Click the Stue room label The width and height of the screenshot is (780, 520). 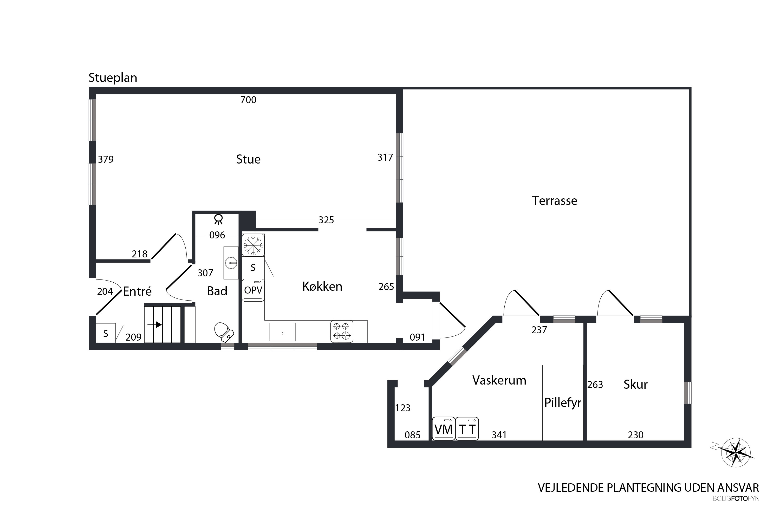(x=248, y=160)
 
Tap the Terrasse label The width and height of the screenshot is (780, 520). (x=555, y=201)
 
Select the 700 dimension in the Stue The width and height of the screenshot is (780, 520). (x=248, y=100)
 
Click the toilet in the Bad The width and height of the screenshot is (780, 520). (x=224, y=332)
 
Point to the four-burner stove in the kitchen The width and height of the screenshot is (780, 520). (x=342, y=331)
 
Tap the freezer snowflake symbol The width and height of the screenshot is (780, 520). (x=253, y=245)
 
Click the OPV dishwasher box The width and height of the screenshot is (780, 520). (x=253, y=290)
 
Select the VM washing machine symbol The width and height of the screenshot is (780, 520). (x=444, y=429)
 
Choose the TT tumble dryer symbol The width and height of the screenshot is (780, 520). (x=467, y=429)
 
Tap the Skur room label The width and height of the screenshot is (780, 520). (x=635, y=384)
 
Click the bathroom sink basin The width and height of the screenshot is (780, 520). (x=231, y=263)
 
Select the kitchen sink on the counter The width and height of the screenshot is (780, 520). (x=282, y=332)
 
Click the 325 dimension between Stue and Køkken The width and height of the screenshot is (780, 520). (x=326, y=220)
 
